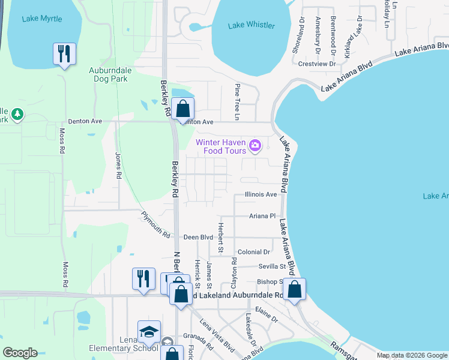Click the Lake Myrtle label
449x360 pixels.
click(x=42, y=19)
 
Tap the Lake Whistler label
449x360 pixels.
click(x=252, y=25)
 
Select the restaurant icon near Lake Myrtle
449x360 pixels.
click(x=64, y=54)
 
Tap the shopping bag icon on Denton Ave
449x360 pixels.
click(x=183, y=109)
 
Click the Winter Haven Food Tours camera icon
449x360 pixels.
click(x=255, y=145)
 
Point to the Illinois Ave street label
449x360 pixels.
click(x=261, y=194)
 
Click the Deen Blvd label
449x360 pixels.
click(x=199, y=238)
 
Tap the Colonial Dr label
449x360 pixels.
click(x=254, y=252)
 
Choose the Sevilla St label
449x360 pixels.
click(x=272, y=266)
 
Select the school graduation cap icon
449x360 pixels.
click(x=149, y=331)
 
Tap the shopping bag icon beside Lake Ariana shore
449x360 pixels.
click(x=295, y=289)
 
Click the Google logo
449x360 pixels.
click(x=20, y=353)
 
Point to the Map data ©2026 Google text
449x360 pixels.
click(x=411, y=355)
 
